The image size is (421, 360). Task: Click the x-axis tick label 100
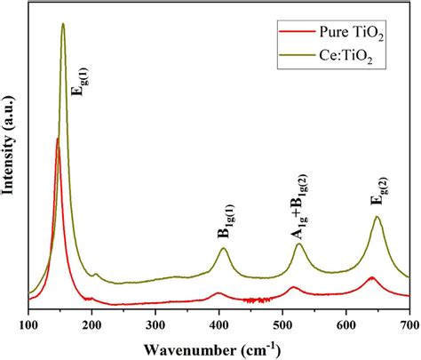point(28,326)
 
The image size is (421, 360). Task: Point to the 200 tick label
point(91,326)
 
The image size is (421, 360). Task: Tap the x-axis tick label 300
point(155,326)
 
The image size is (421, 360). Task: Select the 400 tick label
point(219,326)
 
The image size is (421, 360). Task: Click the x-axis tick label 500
point(282,326)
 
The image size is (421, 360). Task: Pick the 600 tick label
point(346,326)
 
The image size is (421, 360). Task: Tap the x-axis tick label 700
point(409,326)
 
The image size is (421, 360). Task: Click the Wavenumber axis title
point(212,350)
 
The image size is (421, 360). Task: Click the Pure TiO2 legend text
point(351,33)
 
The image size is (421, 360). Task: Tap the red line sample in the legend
point(298,31)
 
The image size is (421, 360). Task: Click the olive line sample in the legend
point(298,54)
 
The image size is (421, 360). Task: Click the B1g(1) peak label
point(226,221)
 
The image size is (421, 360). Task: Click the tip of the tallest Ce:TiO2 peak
point(63,24)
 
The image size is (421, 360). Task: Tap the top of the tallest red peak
point(58,139)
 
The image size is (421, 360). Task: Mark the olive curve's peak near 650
point(377,216)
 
